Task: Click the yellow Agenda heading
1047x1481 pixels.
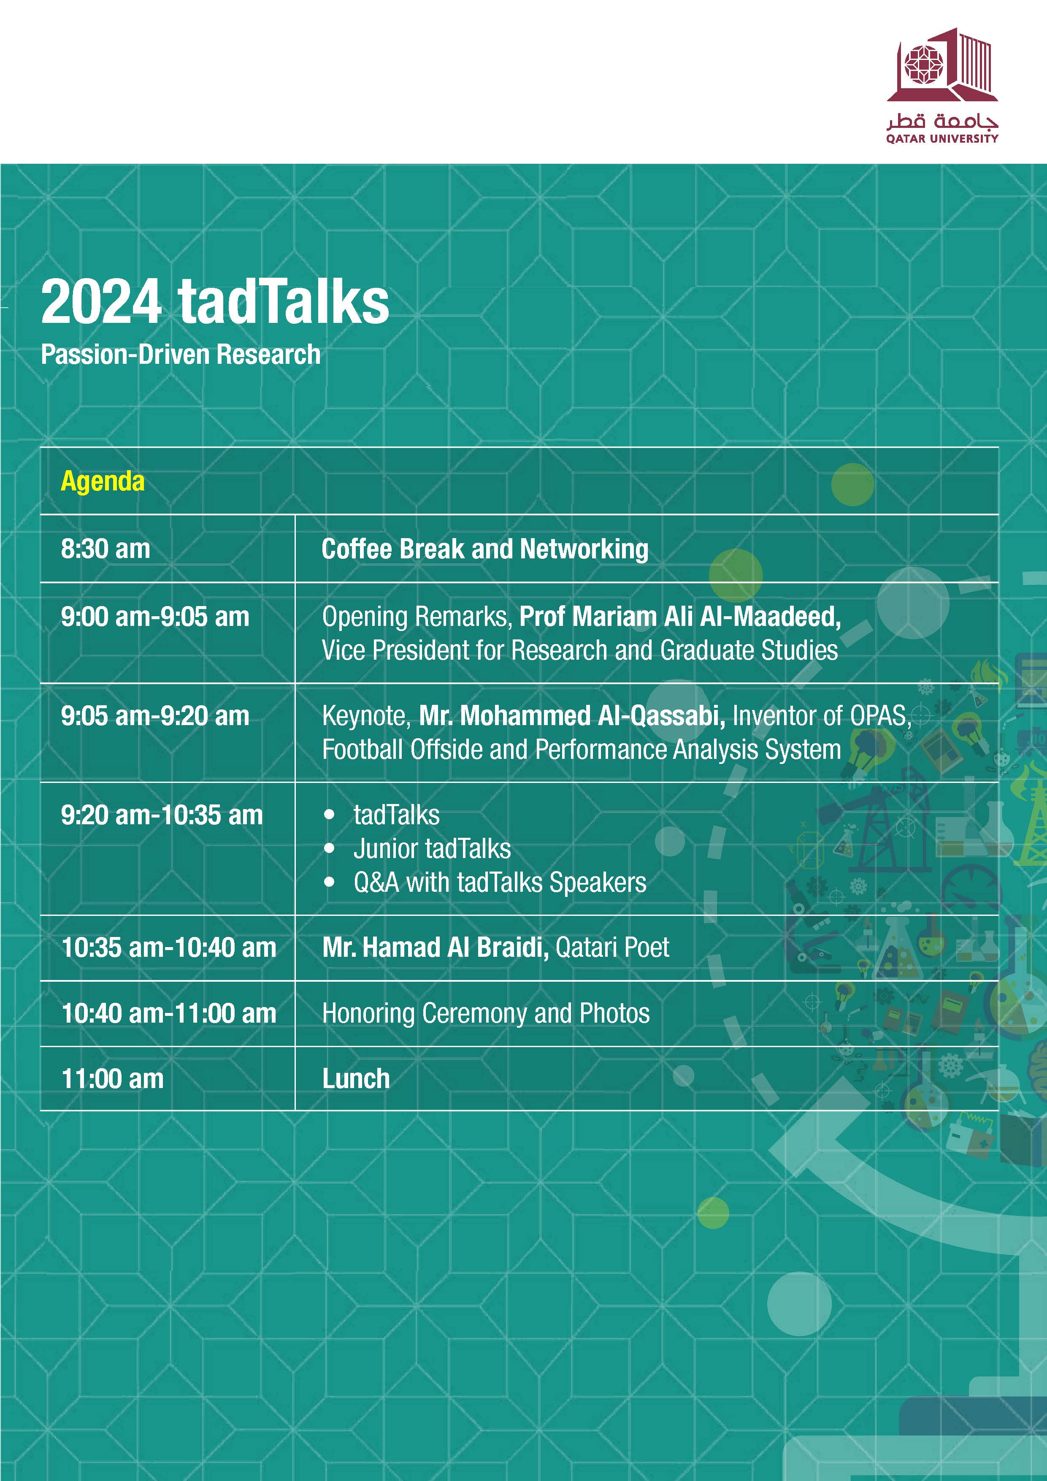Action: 103,481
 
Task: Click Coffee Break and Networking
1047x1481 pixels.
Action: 484,549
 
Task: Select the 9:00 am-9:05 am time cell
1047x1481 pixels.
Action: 155,617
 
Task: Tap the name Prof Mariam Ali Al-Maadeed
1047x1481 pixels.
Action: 679,617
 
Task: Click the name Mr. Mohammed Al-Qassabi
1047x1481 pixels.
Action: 571,716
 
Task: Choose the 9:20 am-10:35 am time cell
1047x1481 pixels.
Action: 161,815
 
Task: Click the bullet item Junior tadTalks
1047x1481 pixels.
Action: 432,849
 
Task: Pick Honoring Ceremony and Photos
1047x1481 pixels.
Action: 485,1013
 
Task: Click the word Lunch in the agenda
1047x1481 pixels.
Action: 356,1078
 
